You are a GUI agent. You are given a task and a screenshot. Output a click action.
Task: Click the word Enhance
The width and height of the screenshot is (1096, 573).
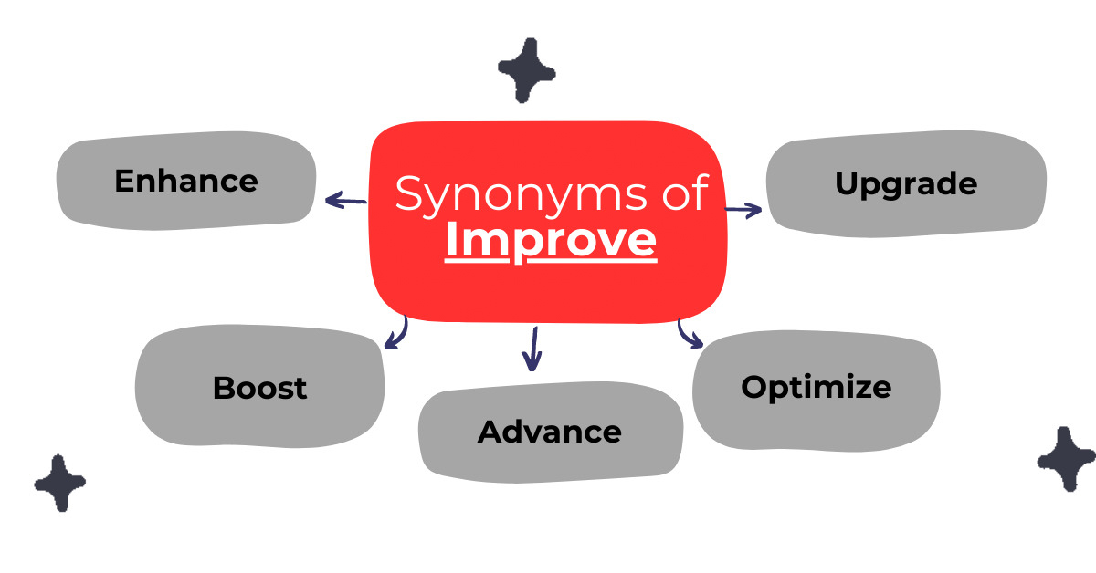[186, 181]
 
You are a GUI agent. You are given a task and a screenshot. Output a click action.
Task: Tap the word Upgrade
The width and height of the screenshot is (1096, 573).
[906, 183]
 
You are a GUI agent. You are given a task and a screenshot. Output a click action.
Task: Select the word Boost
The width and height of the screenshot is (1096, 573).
[259, 388]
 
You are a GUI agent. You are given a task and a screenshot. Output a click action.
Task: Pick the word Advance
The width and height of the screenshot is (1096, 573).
[550, 432]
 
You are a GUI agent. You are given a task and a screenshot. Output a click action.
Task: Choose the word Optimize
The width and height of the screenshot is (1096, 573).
[816, 387]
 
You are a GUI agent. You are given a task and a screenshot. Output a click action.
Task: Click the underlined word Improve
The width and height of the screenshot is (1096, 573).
[551, 240]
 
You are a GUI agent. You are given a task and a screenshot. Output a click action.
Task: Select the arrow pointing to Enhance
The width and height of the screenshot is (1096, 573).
[345, 200]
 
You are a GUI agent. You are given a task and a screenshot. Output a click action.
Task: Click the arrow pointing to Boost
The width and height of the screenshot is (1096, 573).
[395, 334]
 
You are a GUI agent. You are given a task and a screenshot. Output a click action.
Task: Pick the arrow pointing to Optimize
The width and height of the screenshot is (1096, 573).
[690, 334]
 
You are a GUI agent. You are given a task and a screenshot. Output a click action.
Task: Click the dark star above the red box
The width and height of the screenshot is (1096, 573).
[527, 69]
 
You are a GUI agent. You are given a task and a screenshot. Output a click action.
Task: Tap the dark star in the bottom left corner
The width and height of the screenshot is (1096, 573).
[59, 482]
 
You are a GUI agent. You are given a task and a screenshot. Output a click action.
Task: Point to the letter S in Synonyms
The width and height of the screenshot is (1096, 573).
[409, 194]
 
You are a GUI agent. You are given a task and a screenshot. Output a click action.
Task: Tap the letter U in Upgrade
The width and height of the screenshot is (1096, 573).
[846, 183]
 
